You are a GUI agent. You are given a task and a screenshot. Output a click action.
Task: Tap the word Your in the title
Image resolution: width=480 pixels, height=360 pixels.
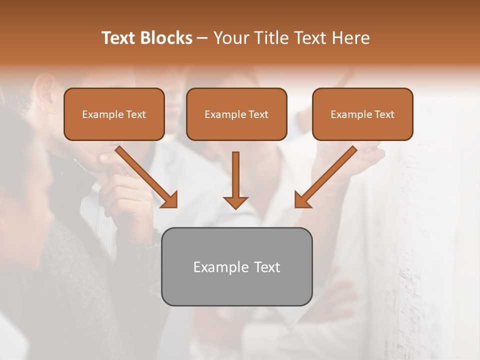pyautogui.click(x=231, y=38)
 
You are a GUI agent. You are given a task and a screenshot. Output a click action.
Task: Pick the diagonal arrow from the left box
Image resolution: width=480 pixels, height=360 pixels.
pyautogui.click(x=145, y=176)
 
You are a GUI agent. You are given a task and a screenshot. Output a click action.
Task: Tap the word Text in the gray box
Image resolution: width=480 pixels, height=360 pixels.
pyautogui.click(x=267, y=267)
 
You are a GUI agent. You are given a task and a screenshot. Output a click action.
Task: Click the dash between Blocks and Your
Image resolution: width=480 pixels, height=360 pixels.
pyautogui.click(x=202, y=38)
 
